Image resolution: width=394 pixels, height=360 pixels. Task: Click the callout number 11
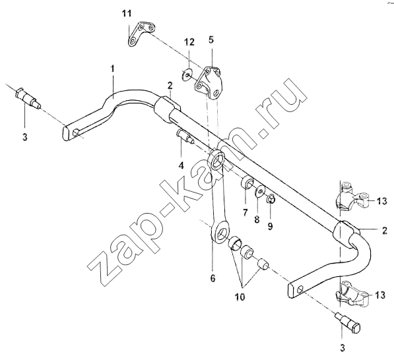[127, 13]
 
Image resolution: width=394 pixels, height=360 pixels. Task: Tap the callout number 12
[189, 42]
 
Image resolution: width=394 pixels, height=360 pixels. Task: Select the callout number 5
[211, 40]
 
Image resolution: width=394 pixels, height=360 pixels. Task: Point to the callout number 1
[113, 69]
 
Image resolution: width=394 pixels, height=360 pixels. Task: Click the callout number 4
[181, 165]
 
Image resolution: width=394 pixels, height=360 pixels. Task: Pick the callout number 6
[213, 278]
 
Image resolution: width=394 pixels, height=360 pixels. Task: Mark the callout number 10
[240, 297]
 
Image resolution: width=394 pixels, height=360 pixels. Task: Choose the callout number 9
[270, 226]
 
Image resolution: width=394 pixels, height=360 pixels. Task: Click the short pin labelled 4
[185, 136]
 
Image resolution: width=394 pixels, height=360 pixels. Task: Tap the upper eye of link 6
[216, 160]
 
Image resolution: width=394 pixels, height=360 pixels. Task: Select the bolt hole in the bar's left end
[75, 133]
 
